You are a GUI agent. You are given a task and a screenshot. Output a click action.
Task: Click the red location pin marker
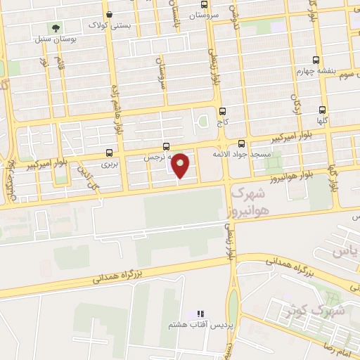(181, 165)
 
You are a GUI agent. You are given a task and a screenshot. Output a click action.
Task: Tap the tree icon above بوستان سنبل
(56, 28)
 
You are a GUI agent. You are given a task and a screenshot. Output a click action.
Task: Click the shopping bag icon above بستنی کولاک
(109, 13)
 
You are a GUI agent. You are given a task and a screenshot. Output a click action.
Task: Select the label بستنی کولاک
(109, 25)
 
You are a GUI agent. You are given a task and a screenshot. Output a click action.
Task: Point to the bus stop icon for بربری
(109, 153)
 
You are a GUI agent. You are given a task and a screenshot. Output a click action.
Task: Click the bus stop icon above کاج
(223, 111)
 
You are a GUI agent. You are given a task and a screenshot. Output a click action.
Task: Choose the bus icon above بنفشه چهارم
(316, 60)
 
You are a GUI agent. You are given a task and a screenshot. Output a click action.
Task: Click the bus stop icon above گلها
(322, 110)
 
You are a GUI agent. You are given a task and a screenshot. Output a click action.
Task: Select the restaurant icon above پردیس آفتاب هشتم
(200, 314)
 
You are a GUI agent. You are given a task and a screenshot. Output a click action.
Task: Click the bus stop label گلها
(322, 121)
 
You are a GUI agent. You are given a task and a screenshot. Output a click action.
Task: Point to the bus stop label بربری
(109, 164)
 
